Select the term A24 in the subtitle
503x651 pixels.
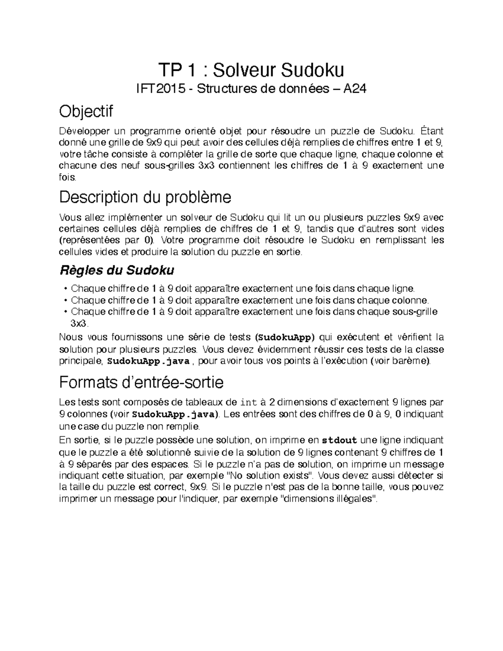click(355, 89)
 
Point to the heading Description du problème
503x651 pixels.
click(145, 197)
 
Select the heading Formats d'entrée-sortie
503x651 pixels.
click(141, 382)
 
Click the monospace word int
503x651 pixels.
click(248, 403)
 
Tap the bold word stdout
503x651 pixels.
click(339, 441)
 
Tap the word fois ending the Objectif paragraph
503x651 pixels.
click(67, 177)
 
